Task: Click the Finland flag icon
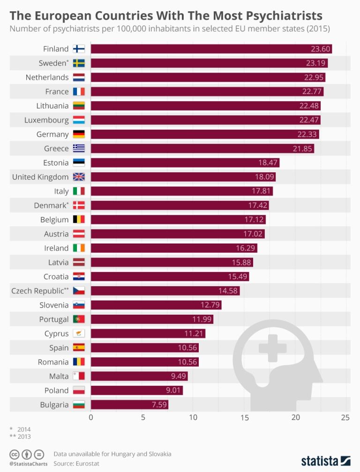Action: pos(79,49)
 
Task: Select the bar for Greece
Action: pos(202,148)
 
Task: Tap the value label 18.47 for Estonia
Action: pos(269,162)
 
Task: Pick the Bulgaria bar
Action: pos(129,405)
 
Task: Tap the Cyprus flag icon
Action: pos(79,333)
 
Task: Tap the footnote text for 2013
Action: pos(21,436)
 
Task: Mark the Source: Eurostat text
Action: pos(76,463)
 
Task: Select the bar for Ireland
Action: pos(173,248)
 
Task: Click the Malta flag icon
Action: pos(79,376)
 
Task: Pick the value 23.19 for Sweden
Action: pos(316,63)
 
